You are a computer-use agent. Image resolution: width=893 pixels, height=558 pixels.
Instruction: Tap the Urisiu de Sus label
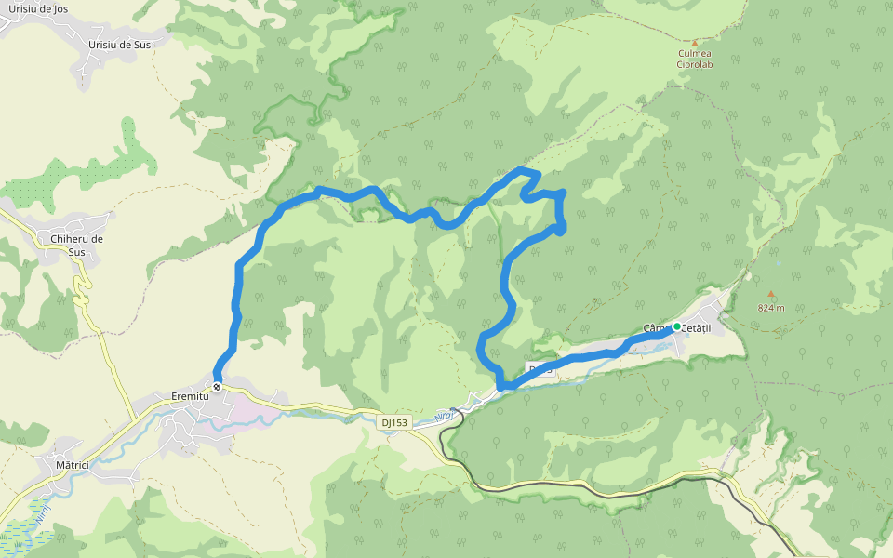point(118,45)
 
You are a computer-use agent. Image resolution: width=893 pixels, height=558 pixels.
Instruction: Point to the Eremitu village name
point(190,395)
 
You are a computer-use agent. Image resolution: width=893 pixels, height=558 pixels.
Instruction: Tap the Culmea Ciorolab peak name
point(695,60)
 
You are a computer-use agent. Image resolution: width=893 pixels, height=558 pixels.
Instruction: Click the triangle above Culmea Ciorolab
point(694,42)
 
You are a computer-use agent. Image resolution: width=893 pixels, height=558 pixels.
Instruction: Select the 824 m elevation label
point(770,308)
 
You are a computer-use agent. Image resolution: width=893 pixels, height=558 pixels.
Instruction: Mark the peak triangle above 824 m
point(770,294)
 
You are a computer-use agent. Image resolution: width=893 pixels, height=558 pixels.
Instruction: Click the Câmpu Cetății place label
point(677,328)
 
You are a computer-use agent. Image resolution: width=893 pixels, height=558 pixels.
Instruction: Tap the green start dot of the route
point(676,326)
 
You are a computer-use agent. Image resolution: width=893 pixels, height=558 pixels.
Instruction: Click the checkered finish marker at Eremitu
point(217,386)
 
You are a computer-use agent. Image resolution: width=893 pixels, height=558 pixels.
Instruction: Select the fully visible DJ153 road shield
point(394,422)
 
